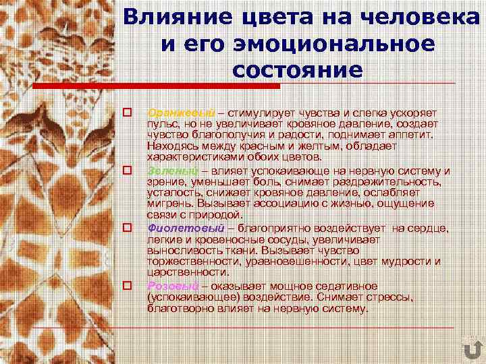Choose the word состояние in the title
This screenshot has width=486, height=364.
pyautogui.click(x=296, y=70)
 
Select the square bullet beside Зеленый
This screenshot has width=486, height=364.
pyautogui.click(x=126, y=170)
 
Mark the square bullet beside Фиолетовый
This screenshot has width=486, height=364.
pyautogui.click(x=126, y=229)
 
